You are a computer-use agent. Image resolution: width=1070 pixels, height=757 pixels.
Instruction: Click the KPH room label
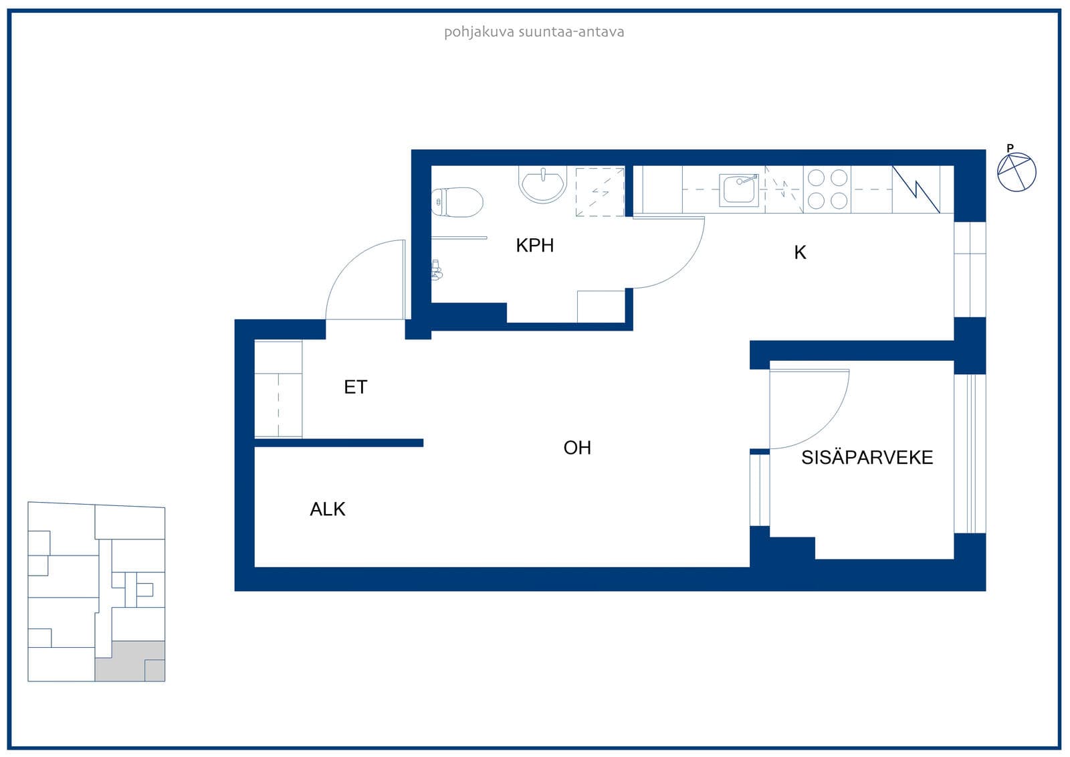click(534, 246)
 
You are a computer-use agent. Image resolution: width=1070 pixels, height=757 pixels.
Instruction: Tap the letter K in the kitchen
click(800, 252)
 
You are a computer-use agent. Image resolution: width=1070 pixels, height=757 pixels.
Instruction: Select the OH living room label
click(577, 448)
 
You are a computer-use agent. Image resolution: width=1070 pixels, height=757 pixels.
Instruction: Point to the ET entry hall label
click(355, 387)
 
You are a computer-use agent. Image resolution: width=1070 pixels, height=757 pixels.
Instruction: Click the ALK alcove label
click(327, 509)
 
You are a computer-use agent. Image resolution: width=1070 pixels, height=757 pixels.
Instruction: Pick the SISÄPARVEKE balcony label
click(867, 457)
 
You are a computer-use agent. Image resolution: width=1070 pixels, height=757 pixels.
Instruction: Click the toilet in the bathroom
click(457, 202)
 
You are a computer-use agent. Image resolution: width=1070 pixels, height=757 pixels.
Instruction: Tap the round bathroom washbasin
click(542, 185)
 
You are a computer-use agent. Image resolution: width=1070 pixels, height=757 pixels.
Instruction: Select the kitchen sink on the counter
click(739, 190)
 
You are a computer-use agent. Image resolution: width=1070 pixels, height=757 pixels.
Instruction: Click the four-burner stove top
click(827, 189)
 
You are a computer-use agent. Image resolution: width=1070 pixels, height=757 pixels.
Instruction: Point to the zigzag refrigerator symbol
click(916, 189)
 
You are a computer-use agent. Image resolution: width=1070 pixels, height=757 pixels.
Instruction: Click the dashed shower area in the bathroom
click(600, 192)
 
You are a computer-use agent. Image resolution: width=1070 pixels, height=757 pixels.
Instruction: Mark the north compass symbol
click(1016, 171)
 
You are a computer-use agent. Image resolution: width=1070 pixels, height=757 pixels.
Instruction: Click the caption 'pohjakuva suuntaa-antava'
click(534, 32)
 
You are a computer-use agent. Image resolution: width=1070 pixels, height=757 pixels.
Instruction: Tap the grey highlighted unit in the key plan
click(130, 661)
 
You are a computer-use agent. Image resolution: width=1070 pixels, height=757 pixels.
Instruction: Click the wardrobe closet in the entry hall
click(278, 389)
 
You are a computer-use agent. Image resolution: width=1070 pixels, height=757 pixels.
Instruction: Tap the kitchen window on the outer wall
click(970, 269)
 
